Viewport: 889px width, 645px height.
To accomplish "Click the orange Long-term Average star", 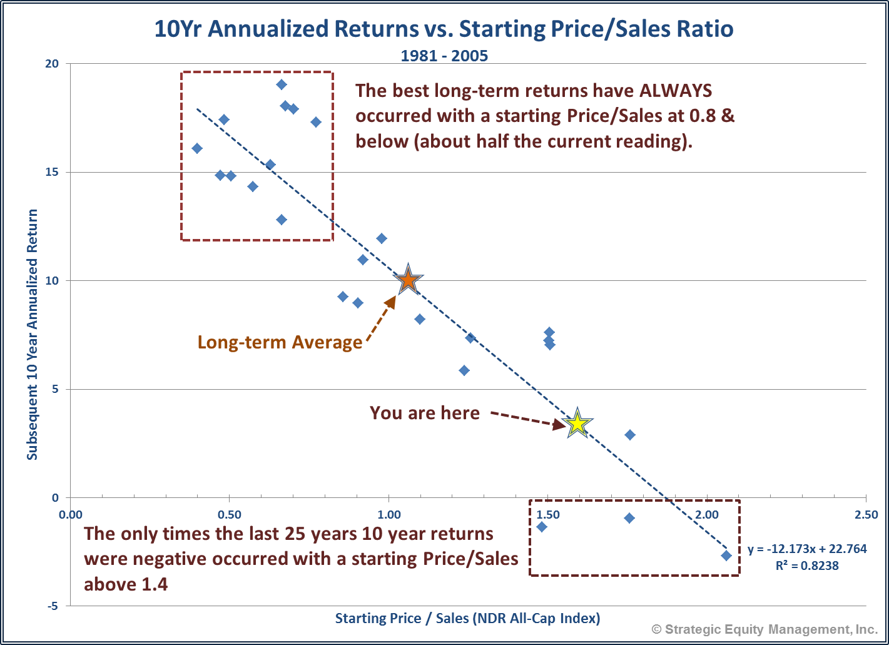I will point(408,280).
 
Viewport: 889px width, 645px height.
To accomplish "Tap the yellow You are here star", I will point(577,424).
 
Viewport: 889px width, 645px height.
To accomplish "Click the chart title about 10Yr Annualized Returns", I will point(444,29).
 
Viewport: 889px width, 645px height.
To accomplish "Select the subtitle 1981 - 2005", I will point(444,56).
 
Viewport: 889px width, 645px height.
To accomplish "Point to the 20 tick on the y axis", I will point(52,64).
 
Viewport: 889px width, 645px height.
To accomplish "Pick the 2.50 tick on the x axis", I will point(866,515).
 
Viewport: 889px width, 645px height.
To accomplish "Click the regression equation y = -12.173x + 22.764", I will point(807,549).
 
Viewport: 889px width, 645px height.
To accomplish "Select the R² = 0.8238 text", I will point(807,566).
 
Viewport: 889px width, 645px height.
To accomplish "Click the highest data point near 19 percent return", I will point(282,84).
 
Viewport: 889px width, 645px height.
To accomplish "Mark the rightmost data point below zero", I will point(726,555).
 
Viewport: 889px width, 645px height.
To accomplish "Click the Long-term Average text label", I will point(280,342).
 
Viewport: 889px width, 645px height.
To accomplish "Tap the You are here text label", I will point(425,414).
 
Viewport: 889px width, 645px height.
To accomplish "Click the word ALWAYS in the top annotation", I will point(675,91).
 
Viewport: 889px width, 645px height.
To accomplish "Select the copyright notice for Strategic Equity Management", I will point(765,629).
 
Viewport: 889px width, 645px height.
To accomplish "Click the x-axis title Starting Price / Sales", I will point(467,619).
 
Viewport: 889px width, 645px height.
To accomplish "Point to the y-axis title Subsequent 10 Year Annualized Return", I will point(33,335).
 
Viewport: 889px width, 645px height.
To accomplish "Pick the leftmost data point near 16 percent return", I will point(197,148).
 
